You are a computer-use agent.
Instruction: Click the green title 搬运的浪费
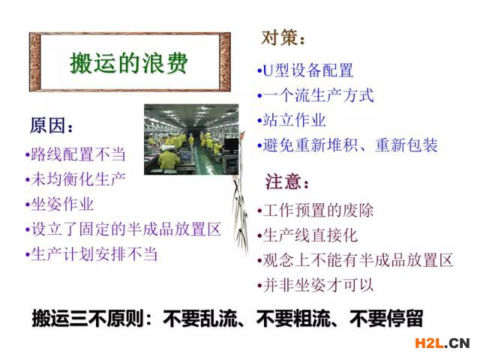coord(128,63)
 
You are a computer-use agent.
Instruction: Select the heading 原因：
coord(52,126)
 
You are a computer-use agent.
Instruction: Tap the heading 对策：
coord(283,38)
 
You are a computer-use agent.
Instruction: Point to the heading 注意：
coord(287,181)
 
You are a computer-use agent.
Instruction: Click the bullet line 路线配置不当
coord(76,154)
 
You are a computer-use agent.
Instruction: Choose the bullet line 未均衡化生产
coord(76,179)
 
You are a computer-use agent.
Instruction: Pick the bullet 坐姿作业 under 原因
coord(60,204)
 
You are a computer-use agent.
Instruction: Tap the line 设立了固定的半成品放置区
coord(123,229)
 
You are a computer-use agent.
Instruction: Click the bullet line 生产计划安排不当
coord(91,254)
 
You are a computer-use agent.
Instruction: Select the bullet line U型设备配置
coord(305,70)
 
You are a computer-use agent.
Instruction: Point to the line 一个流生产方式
coord(316,95)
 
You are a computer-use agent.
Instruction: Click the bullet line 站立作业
coord(292,120)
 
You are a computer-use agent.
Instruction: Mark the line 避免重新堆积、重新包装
coord(347,145)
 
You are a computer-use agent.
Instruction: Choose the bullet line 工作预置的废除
coord(316,210)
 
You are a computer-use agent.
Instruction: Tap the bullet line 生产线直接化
coord(307,235)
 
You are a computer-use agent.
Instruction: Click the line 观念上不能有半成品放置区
coord(355,260)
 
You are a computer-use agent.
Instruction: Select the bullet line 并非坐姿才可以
coord(316,285)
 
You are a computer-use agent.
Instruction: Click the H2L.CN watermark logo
coord(442,343)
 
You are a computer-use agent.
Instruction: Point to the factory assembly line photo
coord(191,139)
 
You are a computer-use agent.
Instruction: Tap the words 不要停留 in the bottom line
coord(386,319)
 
